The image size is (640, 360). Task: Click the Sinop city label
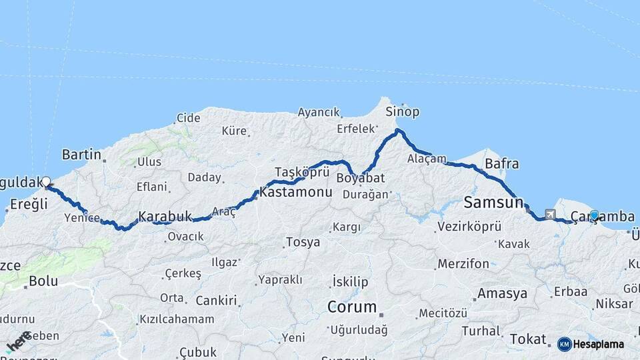click(403, 111)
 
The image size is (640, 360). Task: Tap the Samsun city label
click(493, 202)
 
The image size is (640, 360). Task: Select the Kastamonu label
click(295, 192)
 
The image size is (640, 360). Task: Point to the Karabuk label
click(165, 217)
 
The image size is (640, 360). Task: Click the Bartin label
click(81, 155)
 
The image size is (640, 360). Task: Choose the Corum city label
click(351, 307)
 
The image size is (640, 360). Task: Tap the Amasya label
click(502, 293)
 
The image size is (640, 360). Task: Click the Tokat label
click(527, 339)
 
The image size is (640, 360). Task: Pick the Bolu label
click(43, 281)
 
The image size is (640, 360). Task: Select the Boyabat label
click(361, 179)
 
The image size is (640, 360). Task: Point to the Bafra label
click(502, 163)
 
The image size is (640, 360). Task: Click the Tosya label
click(303, 241)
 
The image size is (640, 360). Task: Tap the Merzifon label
click(463, 264)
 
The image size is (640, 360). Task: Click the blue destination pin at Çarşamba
click(594, 215)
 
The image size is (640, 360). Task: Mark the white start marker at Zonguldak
click(46, 181)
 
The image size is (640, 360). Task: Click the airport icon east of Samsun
click(550, 215)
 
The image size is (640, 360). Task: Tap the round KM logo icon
click(564, 344)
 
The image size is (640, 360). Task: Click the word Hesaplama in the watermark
click(598, 344)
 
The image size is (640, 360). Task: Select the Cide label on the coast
click(188, 118)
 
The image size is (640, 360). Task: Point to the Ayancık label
click(319, 112)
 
